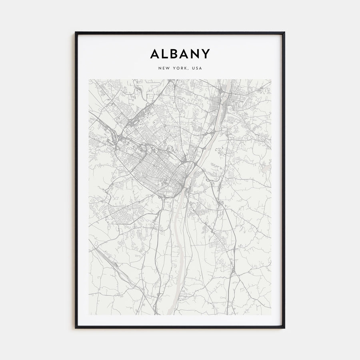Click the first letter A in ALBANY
[x=154, y=54]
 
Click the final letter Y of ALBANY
[x=206, y=54]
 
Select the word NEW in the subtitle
[x=164, y=68]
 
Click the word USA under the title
[x=197, y=68]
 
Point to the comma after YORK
[x=189, y=69]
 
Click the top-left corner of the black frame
[x=76, y=32]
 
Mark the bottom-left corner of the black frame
[x=76, y=328]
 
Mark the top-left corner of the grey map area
[x=89, y=79]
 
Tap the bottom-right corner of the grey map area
[x=271, y=315]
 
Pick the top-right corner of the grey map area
[x=271, y=79]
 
